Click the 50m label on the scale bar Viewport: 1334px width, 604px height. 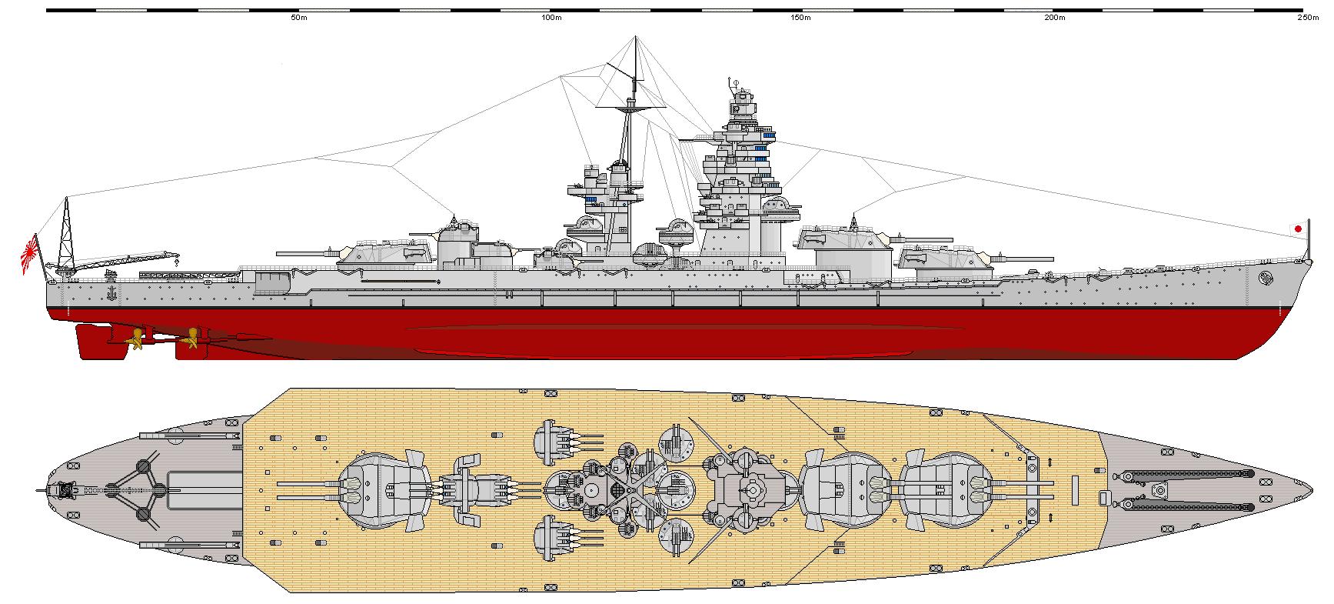(295, 17)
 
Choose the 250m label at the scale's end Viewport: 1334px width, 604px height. (1307, 17)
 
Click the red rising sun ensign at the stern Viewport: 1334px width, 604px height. (30, 255)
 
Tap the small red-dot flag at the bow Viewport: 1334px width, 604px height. (1298, 229)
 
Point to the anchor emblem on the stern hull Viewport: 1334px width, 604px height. (111, 292)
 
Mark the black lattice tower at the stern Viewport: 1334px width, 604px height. (66, 231)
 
